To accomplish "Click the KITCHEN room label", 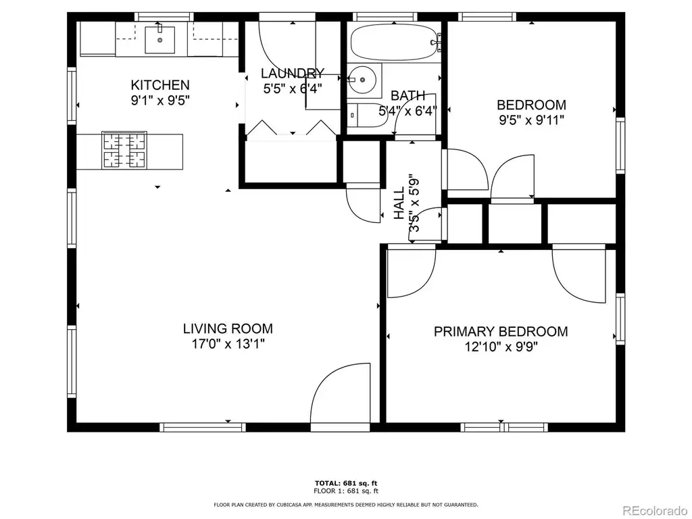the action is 160,84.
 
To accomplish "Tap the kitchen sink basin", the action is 159,40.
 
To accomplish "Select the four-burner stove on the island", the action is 124,150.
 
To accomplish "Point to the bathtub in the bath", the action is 394,42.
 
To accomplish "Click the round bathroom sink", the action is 362,80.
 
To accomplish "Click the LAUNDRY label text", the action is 293,73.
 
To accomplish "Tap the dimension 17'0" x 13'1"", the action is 228,343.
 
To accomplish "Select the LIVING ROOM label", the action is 228,328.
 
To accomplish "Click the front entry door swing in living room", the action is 341,393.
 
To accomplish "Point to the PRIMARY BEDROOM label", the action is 501,331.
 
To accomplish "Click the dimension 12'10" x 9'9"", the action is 501,347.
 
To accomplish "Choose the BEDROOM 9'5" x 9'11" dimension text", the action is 531,120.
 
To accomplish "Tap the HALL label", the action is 399,203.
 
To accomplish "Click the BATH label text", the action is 407,95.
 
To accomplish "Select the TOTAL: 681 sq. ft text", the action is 346,483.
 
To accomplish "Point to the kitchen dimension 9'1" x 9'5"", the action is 160,100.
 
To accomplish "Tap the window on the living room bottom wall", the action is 202,427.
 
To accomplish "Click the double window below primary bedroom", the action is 504,427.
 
